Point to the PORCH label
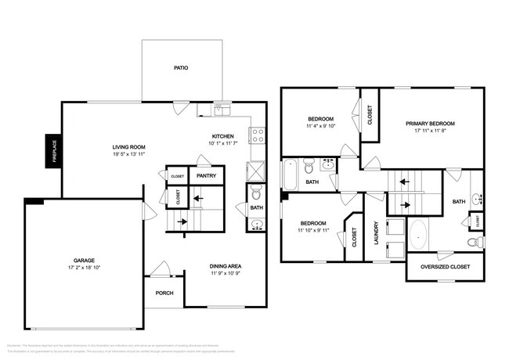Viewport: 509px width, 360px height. point(164,294)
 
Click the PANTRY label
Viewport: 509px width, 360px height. point(207,177)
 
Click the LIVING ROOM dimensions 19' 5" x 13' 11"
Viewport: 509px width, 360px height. point(129,154)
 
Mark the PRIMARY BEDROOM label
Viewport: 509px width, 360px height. point(430,123)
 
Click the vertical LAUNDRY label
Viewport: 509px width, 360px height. point(376,236)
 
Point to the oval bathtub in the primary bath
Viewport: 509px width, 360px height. point(418,233)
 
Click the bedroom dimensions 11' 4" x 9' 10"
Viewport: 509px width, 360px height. point(320,126)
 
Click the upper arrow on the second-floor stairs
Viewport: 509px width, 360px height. point(406,181)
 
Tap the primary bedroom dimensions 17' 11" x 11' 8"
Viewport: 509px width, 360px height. point(430,131)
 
